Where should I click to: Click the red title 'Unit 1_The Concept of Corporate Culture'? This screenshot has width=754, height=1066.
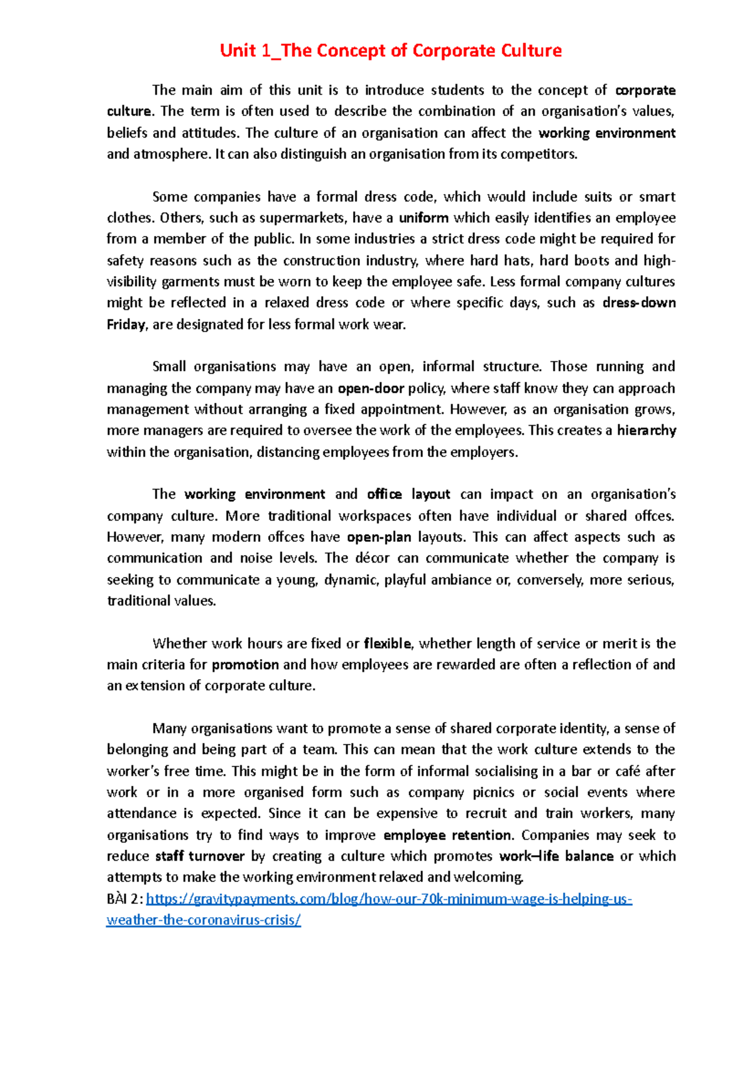click(390, 51)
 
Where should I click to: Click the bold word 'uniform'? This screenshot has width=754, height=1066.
click(423, 218)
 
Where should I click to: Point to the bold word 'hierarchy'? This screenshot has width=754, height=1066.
click(646, 431)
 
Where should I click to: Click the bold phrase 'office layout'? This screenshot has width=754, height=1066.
click(408, 494)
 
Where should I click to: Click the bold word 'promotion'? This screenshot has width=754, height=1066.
click(245, 665)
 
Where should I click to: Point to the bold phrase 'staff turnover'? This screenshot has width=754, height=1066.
click(200, 856)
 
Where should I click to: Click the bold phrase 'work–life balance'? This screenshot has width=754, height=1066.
click(556, 856)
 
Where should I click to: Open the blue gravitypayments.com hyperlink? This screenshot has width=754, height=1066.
click(388, 899)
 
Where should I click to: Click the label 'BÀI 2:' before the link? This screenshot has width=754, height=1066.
click(125, 899)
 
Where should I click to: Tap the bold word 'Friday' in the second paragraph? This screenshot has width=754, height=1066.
click(126, 325)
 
